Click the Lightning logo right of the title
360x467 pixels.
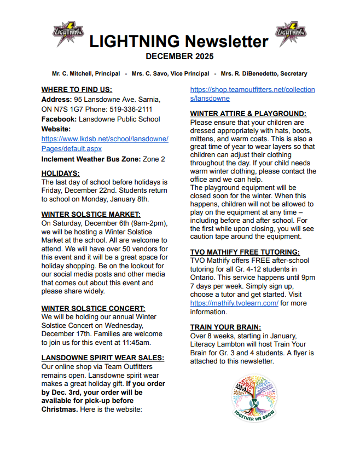click(x=290, y=34)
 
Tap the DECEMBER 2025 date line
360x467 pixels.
click(x=179, y=56)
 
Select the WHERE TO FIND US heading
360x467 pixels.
click(x=77, y=89)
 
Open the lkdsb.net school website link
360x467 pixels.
click(x=104, y=143)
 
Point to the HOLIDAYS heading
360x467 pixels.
click(x=60, y=173)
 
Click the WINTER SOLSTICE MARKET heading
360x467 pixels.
click(x=91, y=214)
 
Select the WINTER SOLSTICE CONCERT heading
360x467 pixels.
click(x=93, y=308)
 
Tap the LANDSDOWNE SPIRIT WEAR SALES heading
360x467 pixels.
click(x=103, y=358)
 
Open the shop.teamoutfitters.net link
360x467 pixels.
click(x=252, y=94)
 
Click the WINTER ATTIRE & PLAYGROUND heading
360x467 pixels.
click(x=248, y=113)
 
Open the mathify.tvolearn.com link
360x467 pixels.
click(x=234, y=303)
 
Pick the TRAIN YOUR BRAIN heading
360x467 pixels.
click(x=225, y=327)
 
